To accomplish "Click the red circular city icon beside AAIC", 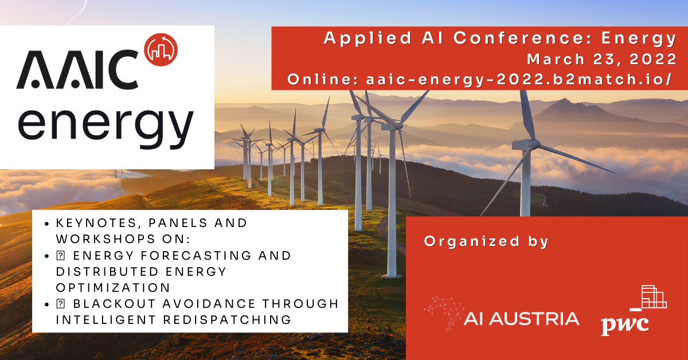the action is [161, 50].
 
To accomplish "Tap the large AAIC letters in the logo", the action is [77, 70].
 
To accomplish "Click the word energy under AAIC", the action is [105, 127].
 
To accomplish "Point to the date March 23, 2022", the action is [602, 59].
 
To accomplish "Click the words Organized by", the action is [486, 242].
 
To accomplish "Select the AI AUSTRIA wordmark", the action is [522, 319].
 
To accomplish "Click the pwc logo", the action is [634, 311].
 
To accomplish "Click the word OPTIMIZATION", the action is [113, 288].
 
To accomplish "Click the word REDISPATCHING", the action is [227, 320].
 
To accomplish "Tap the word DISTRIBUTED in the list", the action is [107, 272].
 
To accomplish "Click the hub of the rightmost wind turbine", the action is [534, 143].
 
